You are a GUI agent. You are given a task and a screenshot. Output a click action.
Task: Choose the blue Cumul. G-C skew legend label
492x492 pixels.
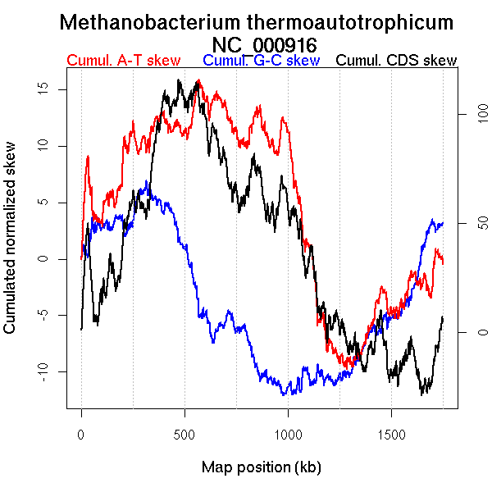261,61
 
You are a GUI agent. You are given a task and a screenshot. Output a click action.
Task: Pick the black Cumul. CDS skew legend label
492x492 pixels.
397,61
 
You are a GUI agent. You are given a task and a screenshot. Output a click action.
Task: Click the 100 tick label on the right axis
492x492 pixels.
461,115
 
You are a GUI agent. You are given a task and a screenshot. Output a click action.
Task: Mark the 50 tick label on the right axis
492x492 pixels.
461,223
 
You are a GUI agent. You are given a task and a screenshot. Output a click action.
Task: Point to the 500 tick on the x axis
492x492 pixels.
184,434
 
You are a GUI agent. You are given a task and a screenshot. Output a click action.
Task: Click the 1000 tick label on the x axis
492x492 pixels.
288,434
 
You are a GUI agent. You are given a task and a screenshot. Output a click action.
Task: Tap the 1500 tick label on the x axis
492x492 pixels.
391,434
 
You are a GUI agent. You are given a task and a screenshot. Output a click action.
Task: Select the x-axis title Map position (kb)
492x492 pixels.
261,468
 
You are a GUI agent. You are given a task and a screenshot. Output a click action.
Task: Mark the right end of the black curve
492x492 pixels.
443,317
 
